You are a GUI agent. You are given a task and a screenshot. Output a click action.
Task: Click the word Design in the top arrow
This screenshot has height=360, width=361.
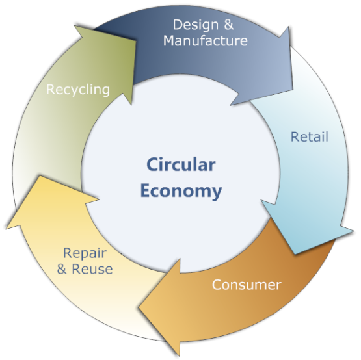196,25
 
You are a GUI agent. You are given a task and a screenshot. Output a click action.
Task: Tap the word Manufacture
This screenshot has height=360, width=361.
206,41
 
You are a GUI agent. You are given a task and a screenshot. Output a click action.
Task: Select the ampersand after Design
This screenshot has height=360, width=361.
228,25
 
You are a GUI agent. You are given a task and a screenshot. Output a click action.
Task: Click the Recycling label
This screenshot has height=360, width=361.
78,90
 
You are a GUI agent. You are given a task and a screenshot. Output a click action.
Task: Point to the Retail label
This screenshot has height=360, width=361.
309,137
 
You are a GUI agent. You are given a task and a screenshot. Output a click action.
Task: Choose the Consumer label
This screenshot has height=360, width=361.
247,285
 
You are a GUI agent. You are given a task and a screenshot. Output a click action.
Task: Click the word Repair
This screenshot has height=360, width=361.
85,254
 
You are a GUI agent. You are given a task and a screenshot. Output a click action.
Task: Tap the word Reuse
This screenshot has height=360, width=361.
92,269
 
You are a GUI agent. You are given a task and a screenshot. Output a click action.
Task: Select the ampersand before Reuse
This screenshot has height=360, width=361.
62,269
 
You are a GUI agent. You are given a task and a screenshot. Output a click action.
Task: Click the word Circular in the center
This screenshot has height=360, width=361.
181,164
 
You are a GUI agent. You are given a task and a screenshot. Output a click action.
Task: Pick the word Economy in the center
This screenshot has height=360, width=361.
181,192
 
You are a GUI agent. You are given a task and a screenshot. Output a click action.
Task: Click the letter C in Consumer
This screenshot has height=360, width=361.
217,285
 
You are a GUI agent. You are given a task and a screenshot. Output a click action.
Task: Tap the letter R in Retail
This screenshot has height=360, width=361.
295,137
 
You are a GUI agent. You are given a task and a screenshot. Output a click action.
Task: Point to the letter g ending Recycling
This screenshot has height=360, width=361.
105,92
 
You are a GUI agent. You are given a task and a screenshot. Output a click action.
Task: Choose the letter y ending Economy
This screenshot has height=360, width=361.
217,194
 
